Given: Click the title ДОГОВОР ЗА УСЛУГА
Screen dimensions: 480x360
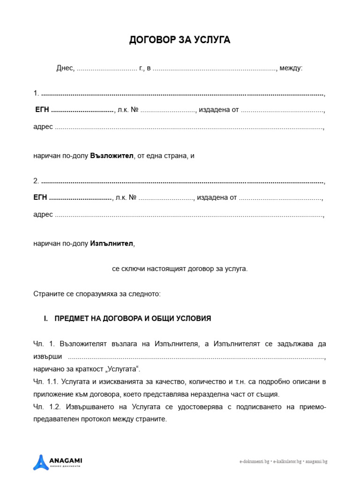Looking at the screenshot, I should [180, 40].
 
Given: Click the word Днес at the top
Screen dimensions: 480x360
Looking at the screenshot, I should [65, 68].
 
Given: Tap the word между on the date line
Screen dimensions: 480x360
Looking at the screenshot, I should [291, 68].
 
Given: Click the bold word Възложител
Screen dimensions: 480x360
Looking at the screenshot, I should [112, 156].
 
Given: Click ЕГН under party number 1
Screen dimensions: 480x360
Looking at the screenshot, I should [42, 110].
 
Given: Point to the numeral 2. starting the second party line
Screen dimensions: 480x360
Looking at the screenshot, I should [36, 181].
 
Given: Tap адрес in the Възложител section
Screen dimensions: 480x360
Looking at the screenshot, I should [43, 127].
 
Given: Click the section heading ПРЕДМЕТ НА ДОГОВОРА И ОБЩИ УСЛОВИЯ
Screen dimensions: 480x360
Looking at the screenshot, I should [133, 319].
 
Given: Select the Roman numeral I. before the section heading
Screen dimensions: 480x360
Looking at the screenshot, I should [46, 319].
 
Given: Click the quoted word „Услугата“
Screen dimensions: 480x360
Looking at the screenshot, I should [125, 368].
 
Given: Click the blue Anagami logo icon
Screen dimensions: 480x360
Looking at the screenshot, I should [41, 462].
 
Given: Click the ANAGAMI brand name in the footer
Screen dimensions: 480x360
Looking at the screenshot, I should [66, 460].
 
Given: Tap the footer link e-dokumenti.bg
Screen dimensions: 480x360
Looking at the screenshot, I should [254, 462].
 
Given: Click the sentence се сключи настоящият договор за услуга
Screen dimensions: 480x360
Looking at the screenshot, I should [180, 269].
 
